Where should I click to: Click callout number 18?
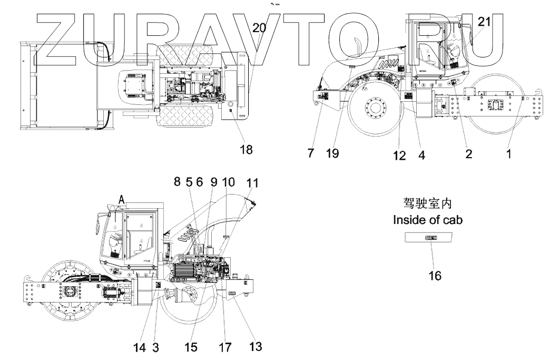coord(246,150)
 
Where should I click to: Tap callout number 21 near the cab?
coord(484,22)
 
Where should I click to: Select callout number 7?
coord(311,153)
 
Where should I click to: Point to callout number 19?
coord(332,153)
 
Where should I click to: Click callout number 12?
coord(399,155)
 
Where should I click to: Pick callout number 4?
coord(421,155)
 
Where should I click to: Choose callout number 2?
coord(468,153)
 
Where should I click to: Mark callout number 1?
coord(509,153)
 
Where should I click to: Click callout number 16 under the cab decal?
coord(435,275)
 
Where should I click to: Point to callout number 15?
coord(191,347)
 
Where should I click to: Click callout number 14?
coord(139,347)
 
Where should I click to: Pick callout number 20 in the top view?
coord(259,28)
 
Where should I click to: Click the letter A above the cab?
coord(122,199)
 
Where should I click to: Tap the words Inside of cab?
coord(427,220)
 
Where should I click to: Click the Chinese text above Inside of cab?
coord(427,203)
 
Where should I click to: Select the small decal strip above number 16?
coord(431,238)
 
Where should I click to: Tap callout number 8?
coord(177,182)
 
